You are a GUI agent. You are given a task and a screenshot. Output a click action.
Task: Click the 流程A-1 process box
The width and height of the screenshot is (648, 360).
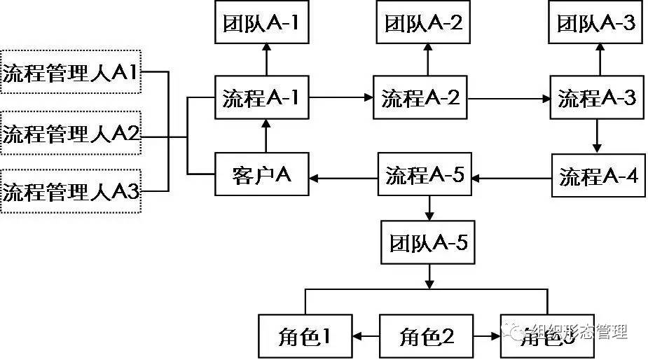pos(261,98)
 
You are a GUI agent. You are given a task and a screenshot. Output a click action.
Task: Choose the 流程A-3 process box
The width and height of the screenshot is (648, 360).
pos(597,98)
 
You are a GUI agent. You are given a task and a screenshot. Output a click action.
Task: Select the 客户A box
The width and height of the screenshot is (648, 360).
pos(261,175)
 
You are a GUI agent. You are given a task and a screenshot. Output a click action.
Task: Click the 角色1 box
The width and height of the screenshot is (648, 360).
pos(305,337)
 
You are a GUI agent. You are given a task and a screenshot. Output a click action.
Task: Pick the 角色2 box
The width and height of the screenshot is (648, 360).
pos(427,337)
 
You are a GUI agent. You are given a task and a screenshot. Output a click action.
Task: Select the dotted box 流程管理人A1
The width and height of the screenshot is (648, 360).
pos(71,71)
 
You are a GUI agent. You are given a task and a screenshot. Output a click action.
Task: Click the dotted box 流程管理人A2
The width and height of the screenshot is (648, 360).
pos(71,133)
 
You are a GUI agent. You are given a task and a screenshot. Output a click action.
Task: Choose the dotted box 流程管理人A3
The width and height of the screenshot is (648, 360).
pos(71,191)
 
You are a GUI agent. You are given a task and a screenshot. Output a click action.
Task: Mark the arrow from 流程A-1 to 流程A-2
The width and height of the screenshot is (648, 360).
pos(340,98)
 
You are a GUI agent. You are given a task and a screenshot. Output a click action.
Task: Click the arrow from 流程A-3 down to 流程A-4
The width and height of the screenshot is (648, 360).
pos(597,137)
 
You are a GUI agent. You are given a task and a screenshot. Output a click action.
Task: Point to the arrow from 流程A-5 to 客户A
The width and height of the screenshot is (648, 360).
pos(343,178)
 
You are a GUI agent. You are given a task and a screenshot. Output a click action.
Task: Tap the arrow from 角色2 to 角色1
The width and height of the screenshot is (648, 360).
pos(366,337)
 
